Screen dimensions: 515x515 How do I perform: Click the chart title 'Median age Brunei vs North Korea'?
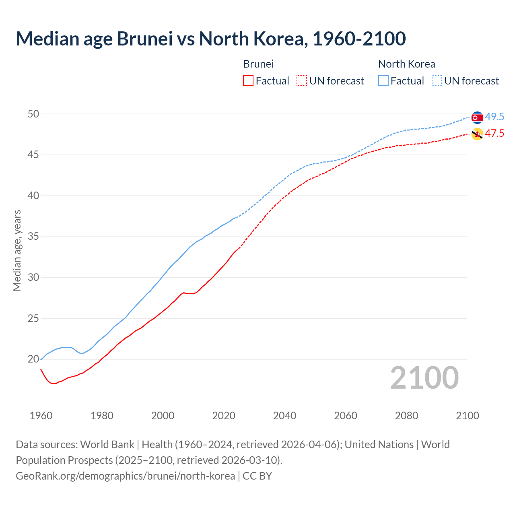(210, 39)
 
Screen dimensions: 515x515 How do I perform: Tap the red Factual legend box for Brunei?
(248, 81)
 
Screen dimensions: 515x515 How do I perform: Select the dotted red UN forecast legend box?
(302, 81)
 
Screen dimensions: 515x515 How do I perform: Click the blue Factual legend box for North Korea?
(383, 81)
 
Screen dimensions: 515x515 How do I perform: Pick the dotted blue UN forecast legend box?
(437, 81)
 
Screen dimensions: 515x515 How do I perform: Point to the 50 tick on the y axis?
(33, 114)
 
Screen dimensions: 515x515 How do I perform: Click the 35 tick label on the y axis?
(33, 237)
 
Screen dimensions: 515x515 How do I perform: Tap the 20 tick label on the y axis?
(33, 359)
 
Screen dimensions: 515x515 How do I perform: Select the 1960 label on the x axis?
(41, 416)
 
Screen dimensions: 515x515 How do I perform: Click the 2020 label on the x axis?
(224, 416)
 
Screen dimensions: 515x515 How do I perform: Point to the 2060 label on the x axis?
(346, 416)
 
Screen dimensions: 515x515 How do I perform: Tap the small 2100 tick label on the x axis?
(468, 416)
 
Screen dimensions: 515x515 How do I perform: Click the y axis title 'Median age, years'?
(17, 250)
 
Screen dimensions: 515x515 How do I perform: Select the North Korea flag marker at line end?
(477, 117)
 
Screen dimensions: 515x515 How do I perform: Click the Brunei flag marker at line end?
(477, 134)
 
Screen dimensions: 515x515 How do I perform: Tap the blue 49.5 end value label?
(494, 117)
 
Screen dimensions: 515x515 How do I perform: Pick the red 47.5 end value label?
(494, 134)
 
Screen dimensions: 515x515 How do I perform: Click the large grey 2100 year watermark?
(424, 378)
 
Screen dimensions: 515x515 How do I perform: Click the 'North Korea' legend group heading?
(406, 64)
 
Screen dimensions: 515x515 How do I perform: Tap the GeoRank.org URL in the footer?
(125, 476)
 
